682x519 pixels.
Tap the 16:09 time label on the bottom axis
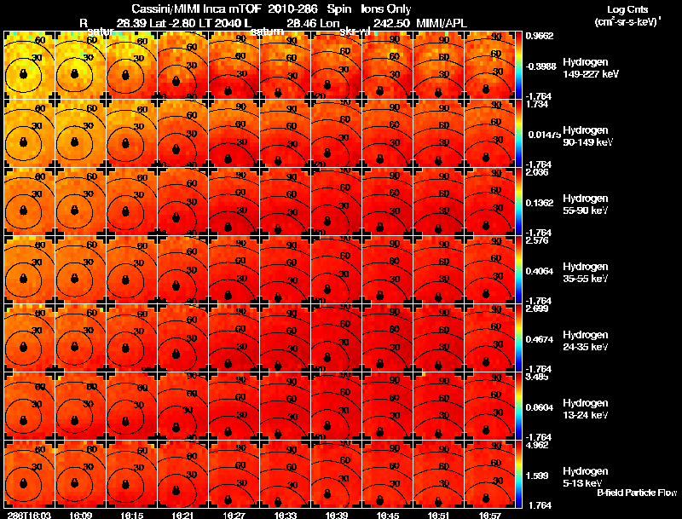click(80, 515)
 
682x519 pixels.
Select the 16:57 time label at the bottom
click(489, 515)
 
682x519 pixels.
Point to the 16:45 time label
click(387, 515)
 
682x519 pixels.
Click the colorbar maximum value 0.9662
click(539, 37)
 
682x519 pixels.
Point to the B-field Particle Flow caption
click(637, 493)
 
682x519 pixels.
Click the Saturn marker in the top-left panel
click(24, 75)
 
